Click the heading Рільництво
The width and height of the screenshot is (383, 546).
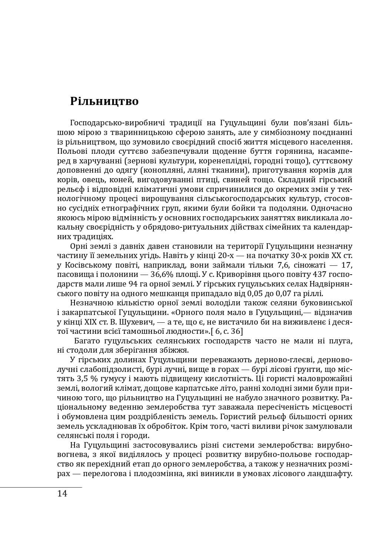tap(104, 101)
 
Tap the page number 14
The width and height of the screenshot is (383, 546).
tap(62, 494)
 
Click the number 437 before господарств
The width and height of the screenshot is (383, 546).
tap(316, 275)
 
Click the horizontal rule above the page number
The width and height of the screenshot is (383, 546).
tap(41, 487)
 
